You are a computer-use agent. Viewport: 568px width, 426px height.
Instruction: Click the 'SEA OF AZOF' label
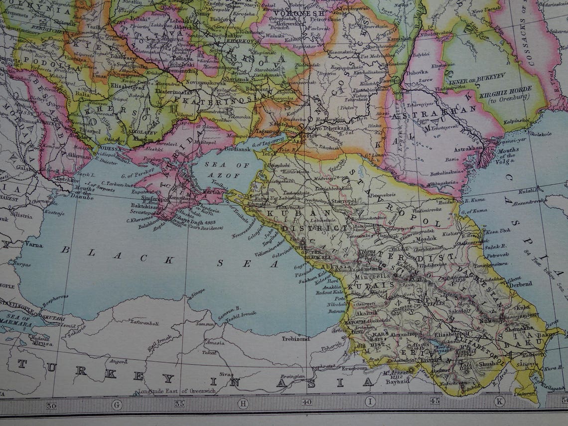(x=221, y=171)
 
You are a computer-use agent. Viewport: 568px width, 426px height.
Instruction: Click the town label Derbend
(x=520, y=284)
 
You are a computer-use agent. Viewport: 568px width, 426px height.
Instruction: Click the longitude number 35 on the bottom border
(x=179, y=404)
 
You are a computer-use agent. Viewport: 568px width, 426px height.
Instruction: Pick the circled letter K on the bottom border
(x=499, y=401)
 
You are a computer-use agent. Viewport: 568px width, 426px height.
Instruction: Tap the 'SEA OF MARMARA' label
(x=18, y=322)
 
